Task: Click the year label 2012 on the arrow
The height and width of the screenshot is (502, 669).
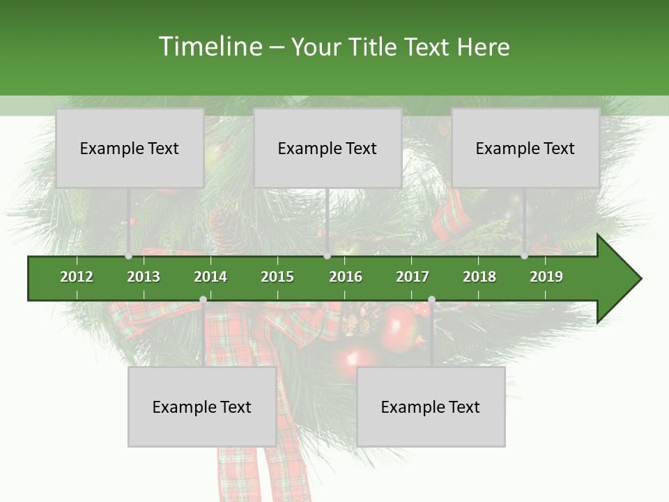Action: pos(77,277)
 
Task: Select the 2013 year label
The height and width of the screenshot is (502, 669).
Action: pos(144,277)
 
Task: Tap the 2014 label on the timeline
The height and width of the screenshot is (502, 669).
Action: pos(210,277)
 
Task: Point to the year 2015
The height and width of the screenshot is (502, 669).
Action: pos(277,277)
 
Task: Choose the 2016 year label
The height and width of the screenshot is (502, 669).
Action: pos(346,277)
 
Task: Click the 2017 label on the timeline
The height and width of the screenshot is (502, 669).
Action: pos(413,277)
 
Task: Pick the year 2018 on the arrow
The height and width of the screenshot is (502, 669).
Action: pos(479,277)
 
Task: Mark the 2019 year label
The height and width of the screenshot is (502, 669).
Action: pos(546,277)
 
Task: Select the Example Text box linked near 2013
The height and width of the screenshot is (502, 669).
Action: pos(130,148)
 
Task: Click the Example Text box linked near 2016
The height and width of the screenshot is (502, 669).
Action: pos(328,148)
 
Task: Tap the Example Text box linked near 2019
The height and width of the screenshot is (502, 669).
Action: pos(525,148)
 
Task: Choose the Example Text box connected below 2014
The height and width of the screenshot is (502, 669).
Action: pos(202,406)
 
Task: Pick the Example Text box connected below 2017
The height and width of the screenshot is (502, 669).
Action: pos(431,406)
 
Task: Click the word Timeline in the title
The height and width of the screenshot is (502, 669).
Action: pos(210,47)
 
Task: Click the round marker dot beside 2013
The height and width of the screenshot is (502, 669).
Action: pos(129,256)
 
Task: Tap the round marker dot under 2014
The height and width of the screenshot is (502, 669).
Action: pos(203,300)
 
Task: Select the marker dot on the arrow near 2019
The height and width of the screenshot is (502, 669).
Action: pos(524,256)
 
